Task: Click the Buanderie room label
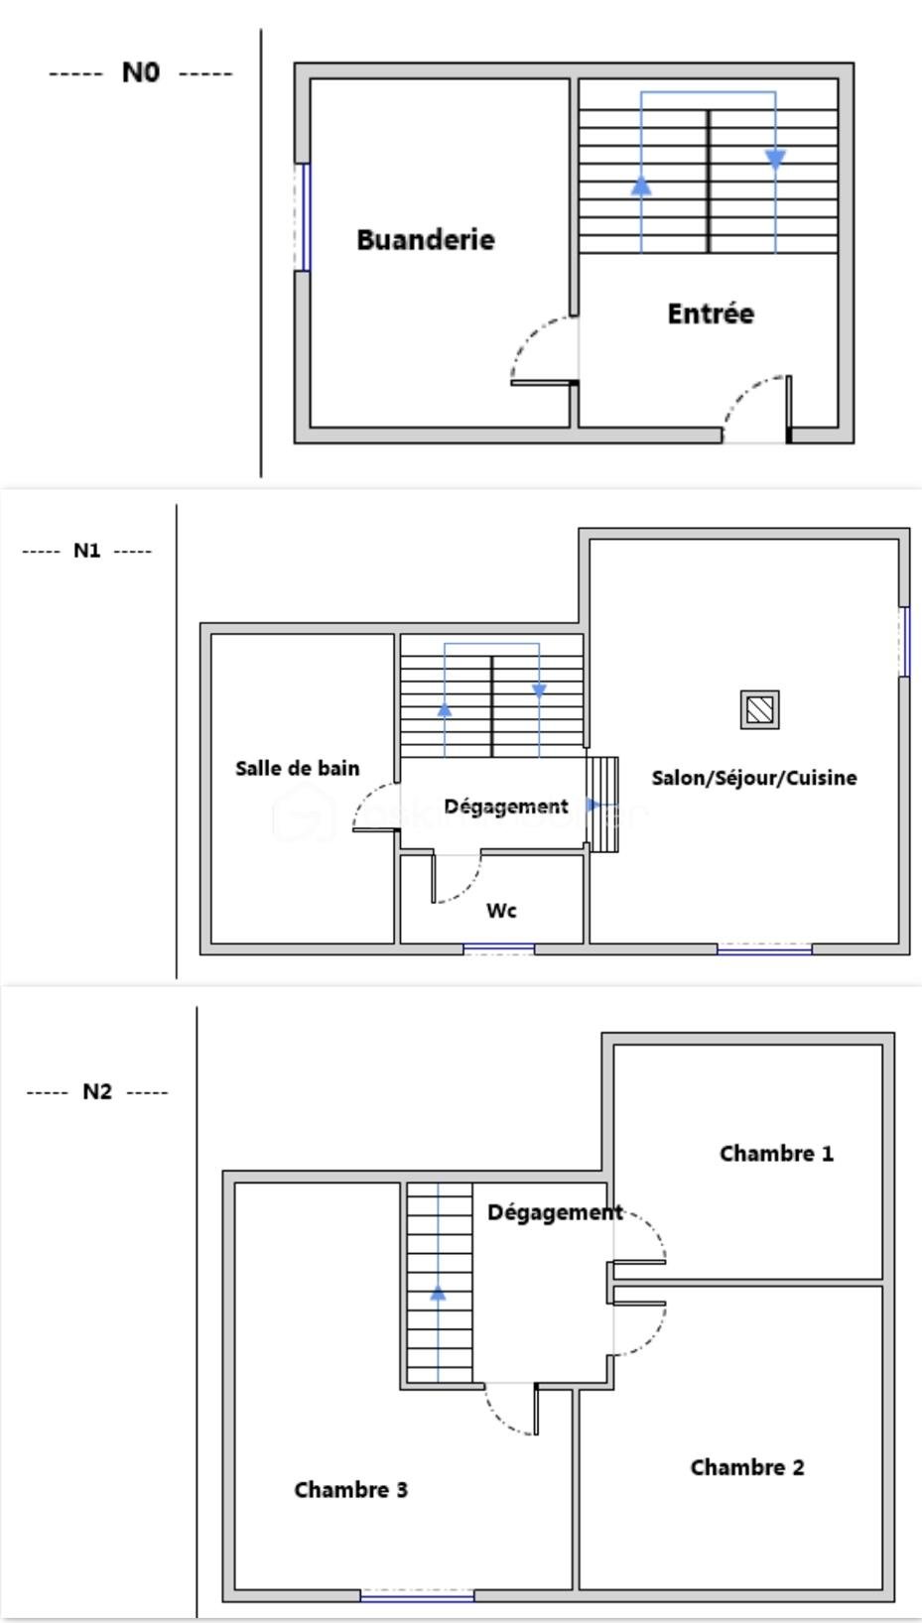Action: tap(425, 239)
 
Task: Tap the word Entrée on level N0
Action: tap(710, 313)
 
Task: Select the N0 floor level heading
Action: tap(140, 72)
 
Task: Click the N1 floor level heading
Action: tap(87, 551)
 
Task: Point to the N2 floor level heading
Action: tap(96, 1091)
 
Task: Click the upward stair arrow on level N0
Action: tap(641, 186)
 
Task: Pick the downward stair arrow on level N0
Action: tap(775, 159)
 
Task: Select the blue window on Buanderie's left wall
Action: tap(305, 217)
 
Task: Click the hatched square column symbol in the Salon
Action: tap(759, 709)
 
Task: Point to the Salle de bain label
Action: tap(297, 768)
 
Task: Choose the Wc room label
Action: tap(501, 910)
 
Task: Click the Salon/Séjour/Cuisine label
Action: tap(753, 778)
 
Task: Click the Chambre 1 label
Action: tap(776, 1153)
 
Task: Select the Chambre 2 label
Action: tap(746, 1467)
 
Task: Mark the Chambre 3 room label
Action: tap(350, 1489)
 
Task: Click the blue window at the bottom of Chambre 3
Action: tap(417, 1596)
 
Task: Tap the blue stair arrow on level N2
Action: tap(438, 1293)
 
